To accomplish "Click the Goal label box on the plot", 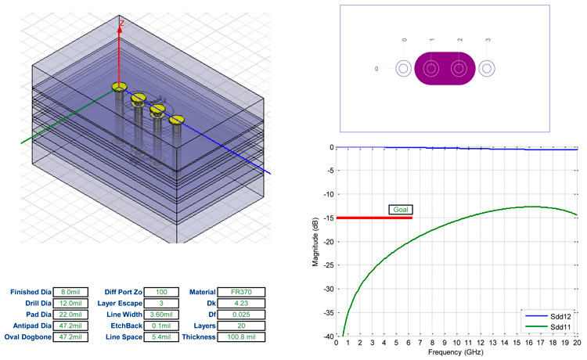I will click(x=400, y=210).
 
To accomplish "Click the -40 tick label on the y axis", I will click(x=328, y=336).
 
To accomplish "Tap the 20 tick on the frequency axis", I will click(x=576, y=343).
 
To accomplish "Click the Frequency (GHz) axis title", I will click(x=456, y=353).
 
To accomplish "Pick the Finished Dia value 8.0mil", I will click(x=70, y=292).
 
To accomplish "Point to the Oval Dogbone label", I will click(x=31, y=337).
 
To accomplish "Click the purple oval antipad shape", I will click(x=445, y=68).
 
